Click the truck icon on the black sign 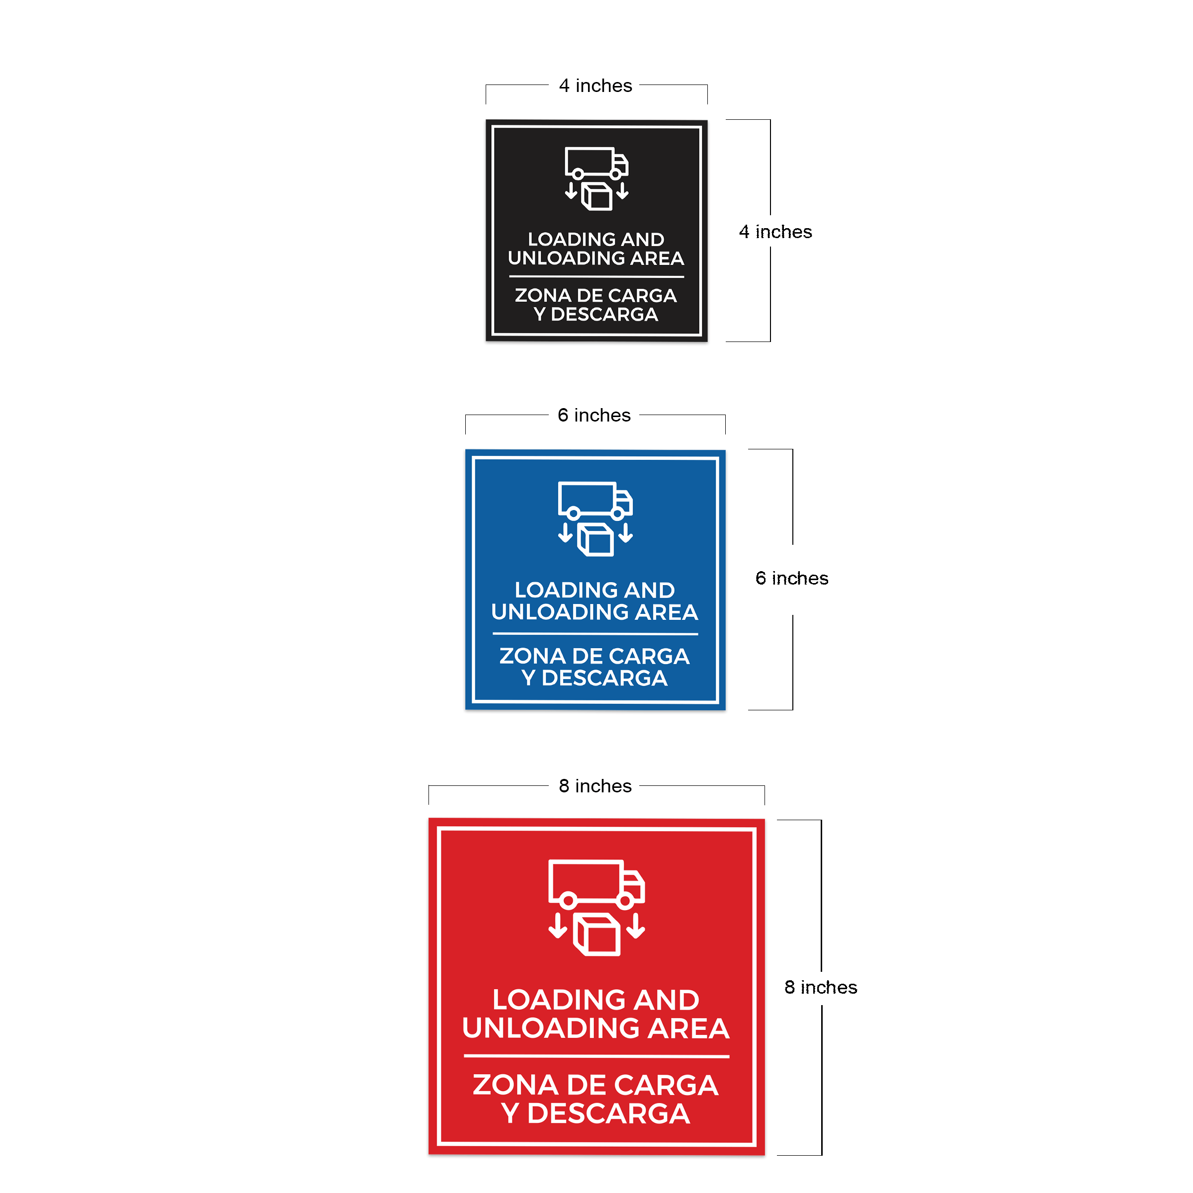click(596, 163)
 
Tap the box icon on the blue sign click(596, 539)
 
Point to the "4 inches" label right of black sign click(775, 232)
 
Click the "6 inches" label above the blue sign click(594, 415)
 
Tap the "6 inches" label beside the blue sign click(792, 578)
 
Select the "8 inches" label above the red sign click(596, 785)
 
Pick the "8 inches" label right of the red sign click(821, 987)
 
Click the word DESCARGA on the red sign click(608, 1113)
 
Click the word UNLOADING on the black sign click(566, 258)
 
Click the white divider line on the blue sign click(596, 634)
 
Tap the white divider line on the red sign click(596, 1056)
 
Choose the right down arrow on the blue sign click(625, 533)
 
